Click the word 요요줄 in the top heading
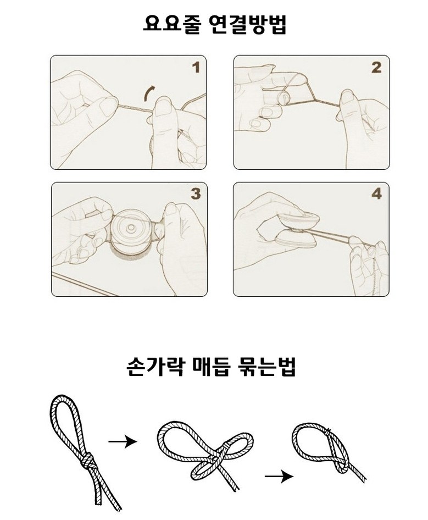[x=171, y=24]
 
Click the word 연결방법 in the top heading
[x=248, y=24]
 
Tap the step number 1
[x=196, y=68]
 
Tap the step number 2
[x=376, y=68]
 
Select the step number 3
[x=196, y=194]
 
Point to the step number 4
[x=376, y=194]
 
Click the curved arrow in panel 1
[x=148, y=93]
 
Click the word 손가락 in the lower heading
[x=155, y=366]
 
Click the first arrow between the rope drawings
[x=123, y=441]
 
